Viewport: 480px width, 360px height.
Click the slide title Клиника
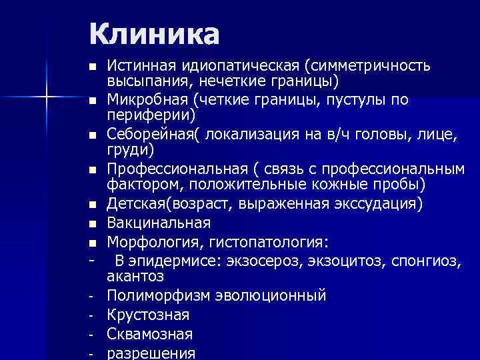click(x=153, y=33)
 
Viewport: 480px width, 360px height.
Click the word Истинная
click(x=141, y=67)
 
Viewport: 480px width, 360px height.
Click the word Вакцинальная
click(x=159, y=223)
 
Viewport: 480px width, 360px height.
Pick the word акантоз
click(x=135, y=276)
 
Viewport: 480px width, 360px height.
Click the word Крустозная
click(x=148, y=315)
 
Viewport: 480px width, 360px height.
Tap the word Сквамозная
click(x=150, y=334)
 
